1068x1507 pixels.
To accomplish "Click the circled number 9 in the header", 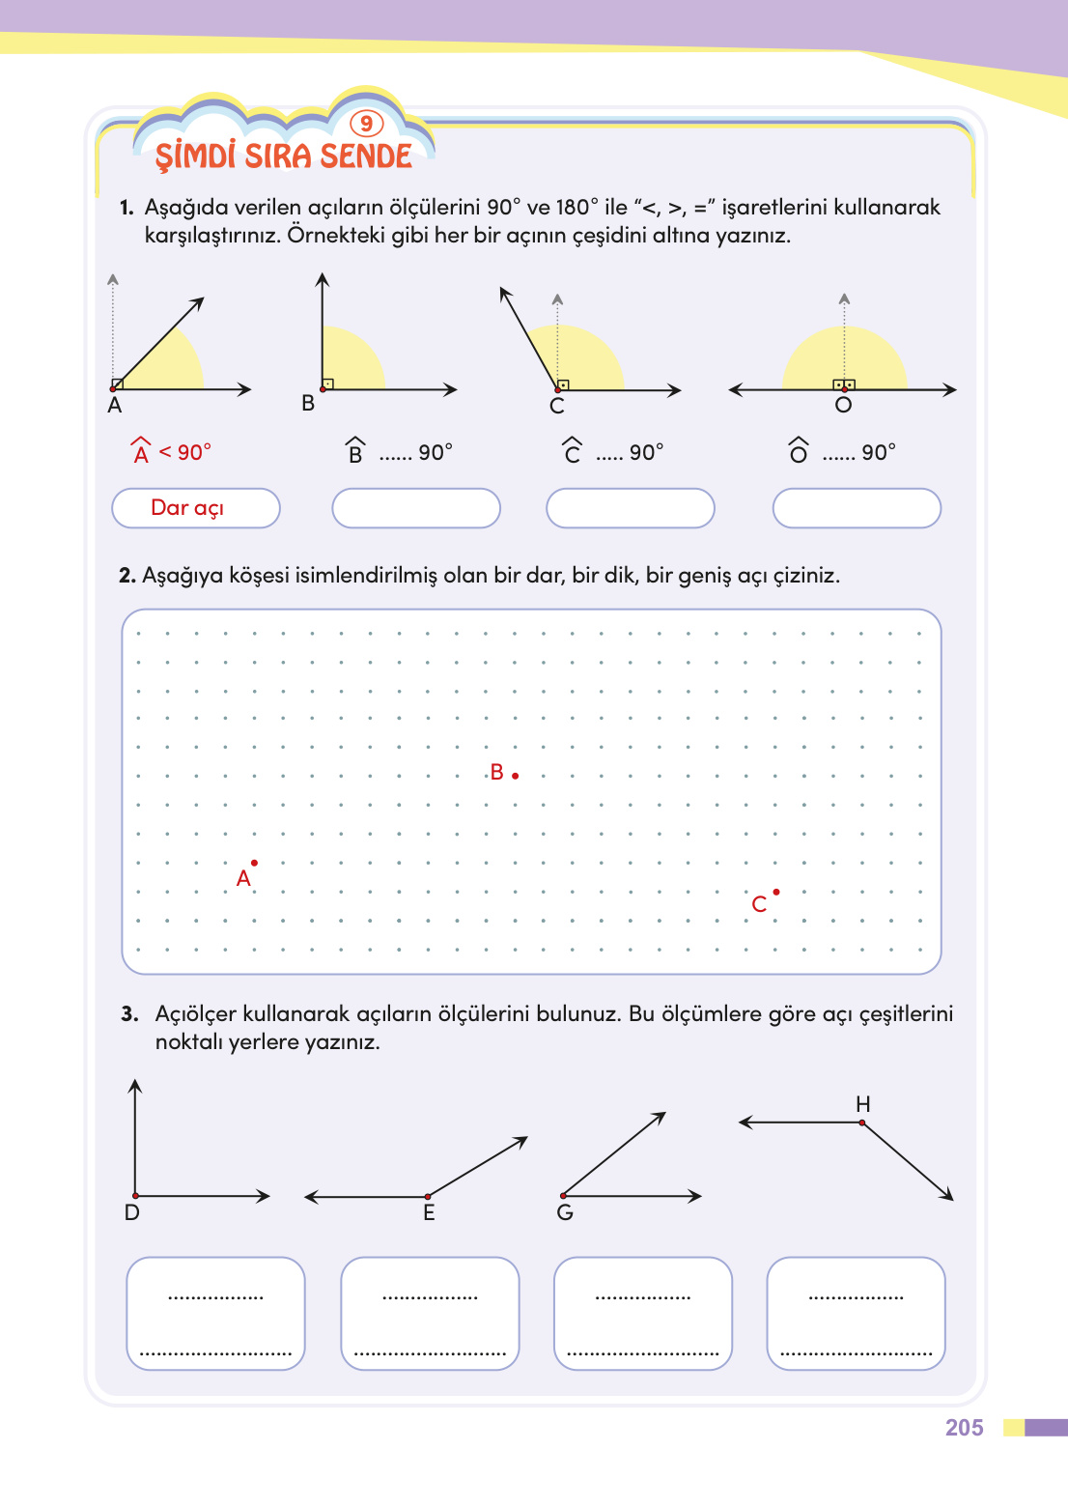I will pos(366,124).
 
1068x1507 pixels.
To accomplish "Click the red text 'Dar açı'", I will pos(187,508).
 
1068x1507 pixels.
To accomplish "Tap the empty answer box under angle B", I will pos(416,508).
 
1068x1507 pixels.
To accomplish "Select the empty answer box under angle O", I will pos(857,508).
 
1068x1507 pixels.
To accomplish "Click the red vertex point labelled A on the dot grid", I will pos(254,863).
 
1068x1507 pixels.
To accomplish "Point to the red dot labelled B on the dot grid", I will pos(516,776).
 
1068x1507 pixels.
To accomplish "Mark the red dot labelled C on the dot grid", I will pos(776,892).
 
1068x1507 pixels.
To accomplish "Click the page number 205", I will pos(964,1428).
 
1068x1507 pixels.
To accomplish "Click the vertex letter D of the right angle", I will pos(132,1213).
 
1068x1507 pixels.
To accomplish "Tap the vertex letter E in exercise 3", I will pos(429,1213).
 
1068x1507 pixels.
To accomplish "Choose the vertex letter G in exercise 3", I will pos(565,1213).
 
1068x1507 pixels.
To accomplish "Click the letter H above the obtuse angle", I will pos(863,1104).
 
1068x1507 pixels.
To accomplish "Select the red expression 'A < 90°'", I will pos(171,452).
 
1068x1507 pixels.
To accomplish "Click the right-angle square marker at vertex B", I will pos(327,384).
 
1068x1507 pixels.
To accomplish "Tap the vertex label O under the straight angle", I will pos(843,406).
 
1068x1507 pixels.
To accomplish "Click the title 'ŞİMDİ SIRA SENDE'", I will pos(284,156).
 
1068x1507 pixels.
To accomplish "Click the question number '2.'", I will pos(127,576).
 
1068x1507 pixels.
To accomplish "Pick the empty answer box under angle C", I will pos(631,508).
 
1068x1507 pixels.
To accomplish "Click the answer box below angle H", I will pos(856,1313).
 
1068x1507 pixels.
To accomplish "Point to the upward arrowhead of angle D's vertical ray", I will pos(135,1085).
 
